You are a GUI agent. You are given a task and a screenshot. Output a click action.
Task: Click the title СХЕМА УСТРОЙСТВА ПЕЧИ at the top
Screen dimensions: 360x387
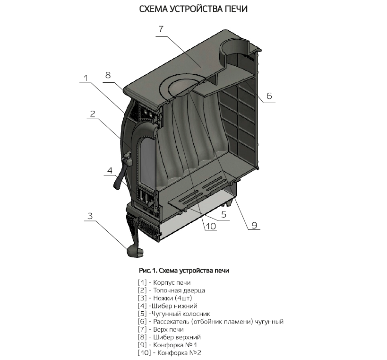pos(193,9)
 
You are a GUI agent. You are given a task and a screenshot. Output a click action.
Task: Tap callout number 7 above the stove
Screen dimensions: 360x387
pos(161,29)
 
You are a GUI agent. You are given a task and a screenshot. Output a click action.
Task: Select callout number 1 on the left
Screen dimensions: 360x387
pos(86,78)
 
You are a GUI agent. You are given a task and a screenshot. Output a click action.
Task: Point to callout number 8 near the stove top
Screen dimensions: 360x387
pos(108,75)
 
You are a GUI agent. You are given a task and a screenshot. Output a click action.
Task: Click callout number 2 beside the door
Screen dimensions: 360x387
pos(93,114)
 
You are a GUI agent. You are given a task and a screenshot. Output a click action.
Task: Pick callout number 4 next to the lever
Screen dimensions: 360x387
pos(109,170)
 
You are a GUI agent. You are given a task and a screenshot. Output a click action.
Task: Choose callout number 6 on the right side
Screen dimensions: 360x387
pos(268,96)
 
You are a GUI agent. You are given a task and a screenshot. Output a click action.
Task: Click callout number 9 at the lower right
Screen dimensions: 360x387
pos(254,226)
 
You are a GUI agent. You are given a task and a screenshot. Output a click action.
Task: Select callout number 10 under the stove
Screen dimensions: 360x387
pos(210,226)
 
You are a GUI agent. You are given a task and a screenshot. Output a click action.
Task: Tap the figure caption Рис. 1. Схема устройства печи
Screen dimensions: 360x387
pos(184,271)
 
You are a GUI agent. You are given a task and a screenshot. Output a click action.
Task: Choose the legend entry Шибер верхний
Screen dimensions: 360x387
pos(170,337)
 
